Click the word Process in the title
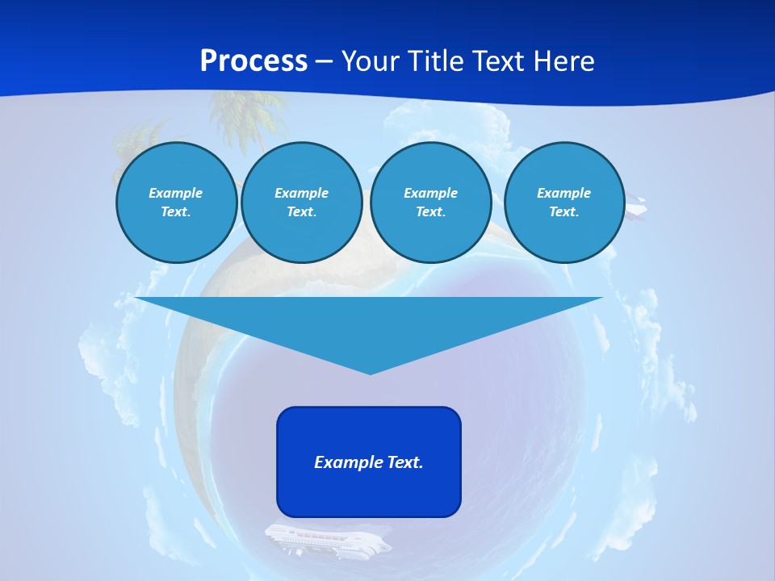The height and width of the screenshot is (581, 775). (x=253, y=61)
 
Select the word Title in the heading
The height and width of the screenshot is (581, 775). (x=438, y=61)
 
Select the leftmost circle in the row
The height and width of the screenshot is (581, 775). (x=176, y=203)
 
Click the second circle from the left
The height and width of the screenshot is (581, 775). (x=301, y=203)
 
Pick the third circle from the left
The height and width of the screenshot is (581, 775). (x=430, y=203)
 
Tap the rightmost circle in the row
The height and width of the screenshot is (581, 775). (x=563, y=203)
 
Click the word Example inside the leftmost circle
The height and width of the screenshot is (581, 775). (x=176, y=193)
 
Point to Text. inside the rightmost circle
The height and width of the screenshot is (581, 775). (x=563, y=212)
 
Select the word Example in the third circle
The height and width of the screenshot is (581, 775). (x=430, y=193)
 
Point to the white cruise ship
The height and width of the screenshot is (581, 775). (x=327, y=539)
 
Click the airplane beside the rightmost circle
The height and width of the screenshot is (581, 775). (x=636, y=208)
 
